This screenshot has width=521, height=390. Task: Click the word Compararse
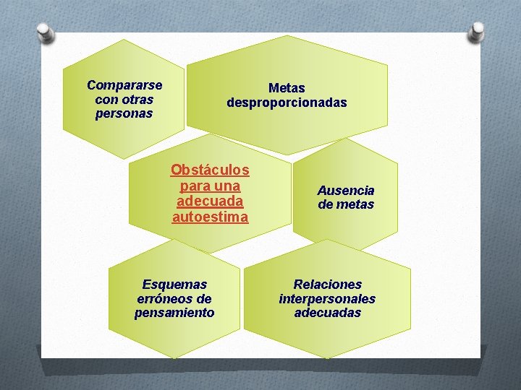(x=124, y=85)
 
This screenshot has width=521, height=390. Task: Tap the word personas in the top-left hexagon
(x=124, y=114)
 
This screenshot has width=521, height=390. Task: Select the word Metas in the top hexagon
(x=287, y=88)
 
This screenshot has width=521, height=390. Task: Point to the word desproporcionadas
(x=287, y=103)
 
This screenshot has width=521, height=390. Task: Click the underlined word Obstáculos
(x=210, y=170)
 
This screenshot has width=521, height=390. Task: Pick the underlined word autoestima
(x=210, y=217)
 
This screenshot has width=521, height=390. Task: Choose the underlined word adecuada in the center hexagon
(x=210, y=201)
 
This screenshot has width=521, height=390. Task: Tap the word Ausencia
(x=346, y=191)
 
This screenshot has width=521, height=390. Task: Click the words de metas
(x=346, y=204)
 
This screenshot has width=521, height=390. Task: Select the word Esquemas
(x=174, y=285)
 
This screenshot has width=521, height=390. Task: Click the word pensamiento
(x=174, y=313)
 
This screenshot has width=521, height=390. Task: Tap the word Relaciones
(x=327, y=285)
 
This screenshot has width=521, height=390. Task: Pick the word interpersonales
(x=327, y=298)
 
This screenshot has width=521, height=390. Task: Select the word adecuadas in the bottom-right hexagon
(x=327, y=313)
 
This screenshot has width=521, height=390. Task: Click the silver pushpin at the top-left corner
(x=45, y=32)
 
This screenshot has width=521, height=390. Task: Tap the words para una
(x=210, y=186)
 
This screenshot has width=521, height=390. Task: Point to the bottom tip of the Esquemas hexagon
(x=174, y=358)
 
